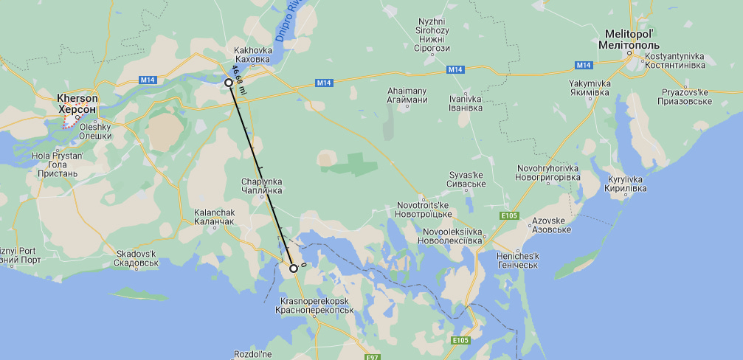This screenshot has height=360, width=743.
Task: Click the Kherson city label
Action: [x=77, y=103]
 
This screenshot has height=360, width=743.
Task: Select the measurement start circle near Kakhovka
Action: [x=229, y=83]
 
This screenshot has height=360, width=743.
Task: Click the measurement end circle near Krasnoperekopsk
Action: [x=294, y=269]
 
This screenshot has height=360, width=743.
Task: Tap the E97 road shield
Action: [x=373, y=357]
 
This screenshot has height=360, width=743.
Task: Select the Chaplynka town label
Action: [x=261, y=186]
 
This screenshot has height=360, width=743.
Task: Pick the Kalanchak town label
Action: [x=214, y=217]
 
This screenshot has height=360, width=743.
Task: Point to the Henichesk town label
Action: [x=518, y=260]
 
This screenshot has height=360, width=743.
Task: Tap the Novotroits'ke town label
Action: [x=424, y=208]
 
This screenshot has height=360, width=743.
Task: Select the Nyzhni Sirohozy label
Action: [x=432, y=38]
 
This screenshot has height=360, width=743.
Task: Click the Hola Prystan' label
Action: [x=58, y=165]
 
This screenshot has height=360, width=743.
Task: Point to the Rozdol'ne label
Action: [x=253, y=355]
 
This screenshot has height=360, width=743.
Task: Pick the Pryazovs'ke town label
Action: [x=685, y=96]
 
